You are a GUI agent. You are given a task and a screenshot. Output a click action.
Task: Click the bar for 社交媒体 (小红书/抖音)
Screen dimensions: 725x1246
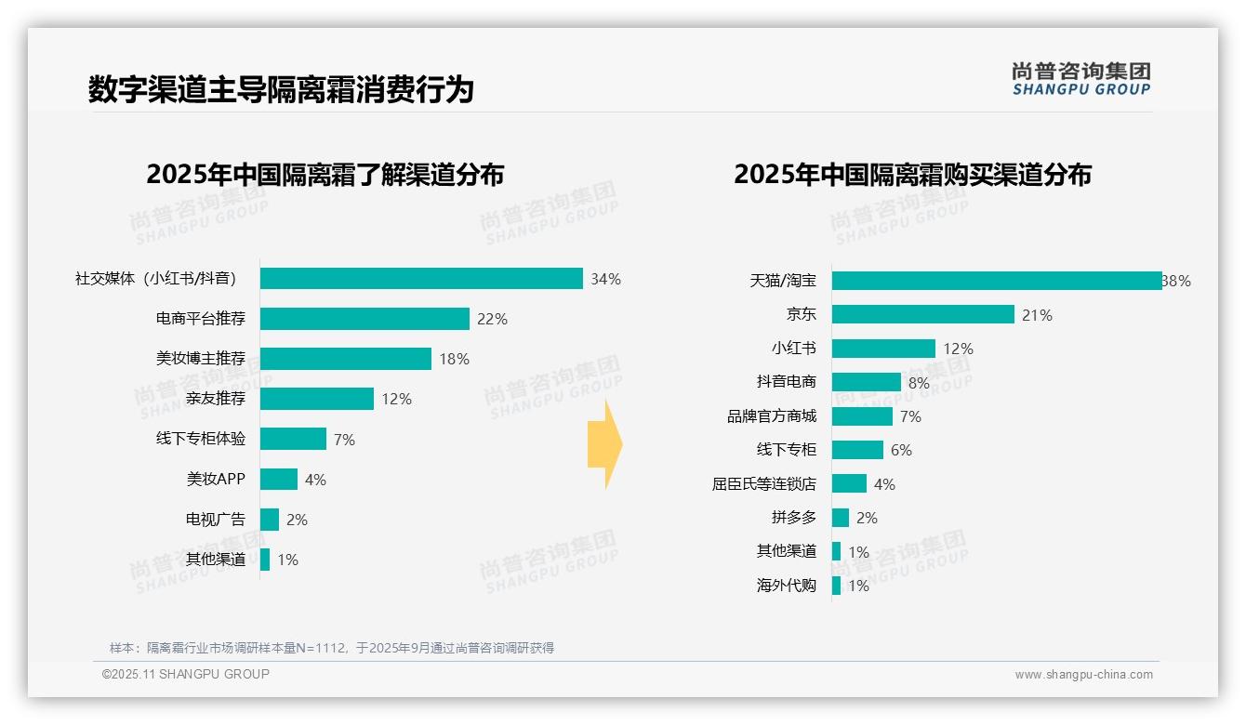point(420,279)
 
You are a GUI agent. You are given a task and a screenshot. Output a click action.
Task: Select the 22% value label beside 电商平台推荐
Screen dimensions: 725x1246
point(492,319)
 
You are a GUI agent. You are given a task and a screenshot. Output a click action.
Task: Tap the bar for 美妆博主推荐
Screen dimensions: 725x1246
point(345,359)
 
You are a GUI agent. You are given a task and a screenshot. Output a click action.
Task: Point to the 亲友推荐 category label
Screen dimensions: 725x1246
point(216,399)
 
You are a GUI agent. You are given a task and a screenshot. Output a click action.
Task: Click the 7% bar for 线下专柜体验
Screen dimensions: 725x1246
point(293,439)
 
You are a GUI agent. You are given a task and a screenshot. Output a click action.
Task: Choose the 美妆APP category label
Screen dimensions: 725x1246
point(216,480)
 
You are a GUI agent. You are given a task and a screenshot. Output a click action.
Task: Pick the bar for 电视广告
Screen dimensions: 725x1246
point(270,520)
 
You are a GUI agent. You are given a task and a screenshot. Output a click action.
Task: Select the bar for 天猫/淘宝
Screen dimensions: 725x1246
point(996,281)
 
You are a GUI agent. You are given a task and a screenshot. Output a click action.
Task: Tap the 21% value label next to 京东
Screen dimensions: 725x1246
point(1037,315)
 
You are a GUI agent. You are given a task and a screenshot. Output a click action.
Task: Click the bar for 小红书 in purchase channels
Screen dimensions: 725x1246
point(883,349)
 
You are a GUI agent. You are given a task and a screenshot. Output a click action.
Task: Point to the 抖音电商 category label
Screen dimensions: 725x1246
point(787,382)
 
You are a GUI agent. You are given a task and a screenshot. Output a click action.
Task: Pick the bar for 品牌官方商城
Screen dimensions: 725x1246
point(862,416)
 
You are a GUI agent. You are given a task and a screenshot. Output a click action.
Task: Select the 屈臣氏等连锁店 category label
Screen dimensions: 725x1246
point(764,484)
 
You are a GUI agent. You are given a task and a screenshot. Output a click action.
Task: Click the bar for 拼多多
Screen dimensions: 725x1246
point(841,518)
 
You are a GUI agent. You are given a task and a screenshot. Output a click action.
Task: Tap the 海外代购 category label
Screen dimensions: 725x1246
point(787,586)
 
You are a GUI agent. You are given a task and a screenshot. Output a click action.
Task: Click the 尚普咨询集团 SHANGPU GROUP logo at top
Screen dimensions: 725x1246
point(1080,79)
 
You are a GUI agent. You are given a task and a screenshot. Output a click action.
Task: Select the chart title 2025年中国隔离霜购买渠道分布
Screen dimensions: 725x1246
point(912,175)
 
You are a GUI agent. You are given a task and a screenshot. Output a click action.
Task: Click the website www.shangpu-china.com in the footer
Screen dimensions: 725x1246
point(1083,675)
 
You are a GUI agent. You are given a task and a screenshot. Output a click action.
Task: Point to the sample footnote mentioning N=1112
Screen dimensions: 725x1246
point(332,648)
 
